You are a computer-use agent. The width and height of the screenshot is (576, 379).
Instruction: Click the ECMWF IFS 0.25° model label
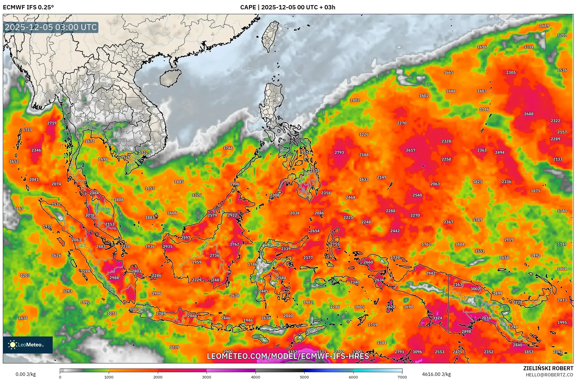pos(28,7)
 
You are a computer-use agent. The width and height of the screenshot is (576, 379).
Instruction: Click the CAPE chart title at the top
pos(288,7)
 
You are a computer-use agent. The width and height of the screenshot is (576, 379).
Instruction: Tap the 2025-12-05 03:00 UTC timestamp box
pos(51,27)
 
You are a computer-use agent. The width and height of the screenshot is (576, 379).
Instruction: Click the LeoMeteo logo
pos(28,345)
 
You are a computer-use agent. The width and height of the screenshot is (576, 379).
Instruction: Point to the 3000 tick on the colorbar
pos(207,377)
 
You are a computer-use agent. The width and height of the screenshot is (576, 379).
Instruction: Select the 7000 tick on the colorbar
pos(402,377)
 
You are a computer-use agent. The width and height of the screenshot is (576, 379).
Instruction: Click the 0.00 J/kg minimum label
pos(25,374)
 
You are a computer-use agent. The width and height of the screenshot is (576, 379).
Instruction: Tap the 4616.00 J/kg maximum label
pos(436,374)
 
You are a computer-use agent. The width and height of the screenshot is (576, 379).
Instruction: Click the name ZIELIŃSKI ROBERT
pos(548,368)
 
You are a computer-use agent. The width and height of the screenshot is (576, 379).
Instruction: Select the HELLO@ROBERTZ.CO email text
pos(549,375)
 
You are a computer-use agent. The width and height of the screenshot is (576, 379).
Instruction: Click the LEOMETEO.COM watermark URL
pos(288,356)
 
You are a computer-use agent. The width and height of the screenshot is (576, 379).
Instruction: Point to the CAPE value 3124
pos(437,318)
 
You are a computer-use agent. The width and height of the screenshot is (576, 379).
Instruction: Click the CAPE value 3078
pos(90,215)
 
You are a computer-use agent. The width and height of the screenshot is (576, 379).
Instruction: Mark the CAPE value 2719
pos(52,123)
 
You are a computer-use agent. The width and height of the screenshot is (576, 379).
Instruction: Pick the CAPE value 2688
pos(528,114)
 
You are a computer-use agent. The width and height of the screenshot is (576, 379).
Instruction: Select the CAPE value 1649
pos(544,26)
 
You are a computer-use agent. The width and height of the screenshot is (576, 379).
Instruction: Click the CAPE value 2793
pos(339,153)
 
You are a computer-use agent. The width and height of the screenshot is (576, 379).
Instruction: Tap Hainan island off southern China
pos(170,78)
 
